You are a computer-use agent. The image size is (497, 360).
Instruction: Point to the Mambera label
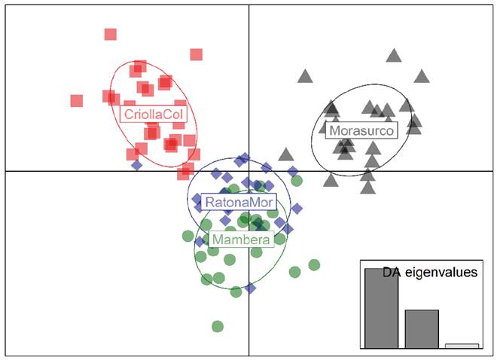[242, 239]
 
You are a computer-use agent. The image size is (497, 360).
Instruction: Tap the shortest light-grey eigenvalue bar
[462, 346]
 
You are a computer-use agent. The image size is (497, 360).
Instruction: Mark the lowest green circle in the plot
[218, 326]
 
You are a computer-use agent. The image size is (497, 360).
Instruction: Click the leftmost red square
[77, 100]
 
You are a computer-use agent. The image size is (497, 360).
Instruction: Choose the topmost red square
[111, 34]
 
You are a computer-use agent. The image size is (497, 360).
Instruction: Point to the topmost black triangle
[394, 55]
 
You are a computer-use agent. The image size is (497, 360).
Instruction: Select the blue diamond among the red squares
[136, 164]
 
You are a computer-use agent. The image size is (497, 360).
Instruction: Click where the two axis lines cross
[249, 171]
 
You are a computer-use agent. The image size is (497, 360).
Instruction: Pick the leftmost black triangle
[285, 154]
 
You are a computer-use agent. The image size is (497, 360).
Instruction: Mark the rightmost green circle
[314, 264]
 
